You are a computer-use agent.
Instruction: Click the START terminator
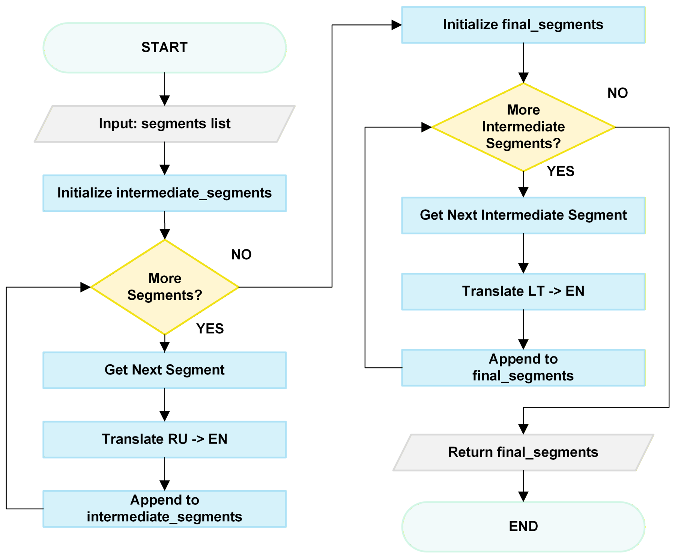165,48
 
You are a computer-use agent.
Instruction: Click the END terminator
523,527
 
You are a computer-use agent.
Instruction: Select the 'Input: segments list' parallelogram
165,124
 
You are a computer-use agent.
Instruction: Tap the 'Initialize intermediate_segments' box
165,193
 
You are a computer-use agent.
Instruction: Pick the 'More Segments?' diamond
165,287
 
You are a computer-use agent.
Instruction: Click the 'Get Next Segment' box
165,370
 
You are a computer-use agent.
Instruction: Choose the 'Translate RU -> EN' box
165,439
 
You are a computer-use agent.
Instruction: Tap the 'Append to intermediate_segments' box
165,509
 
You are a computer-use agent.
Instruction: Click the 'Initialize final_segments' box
523,25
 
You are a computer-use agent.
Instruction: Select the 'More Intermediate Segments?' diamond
523,127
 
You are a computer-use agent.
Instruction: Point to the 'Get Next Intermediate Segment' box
523,216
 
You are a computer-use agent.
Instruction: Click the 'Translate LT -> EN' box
523,292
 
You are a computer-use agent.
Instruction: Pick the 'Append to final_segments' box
523,368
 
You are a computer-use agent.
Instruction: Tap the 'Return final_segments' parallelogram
523,453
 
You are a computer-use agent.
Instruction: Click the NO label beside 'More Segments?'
241,255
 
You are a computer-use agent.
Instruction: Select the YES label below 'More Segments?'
210,329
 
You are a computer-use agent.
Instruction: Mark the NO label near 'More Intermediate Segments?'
618,93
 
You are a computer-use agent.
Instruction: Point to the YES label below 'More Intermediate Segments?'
561,171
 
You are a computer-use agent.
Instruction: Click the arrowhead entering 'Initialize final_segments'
397,25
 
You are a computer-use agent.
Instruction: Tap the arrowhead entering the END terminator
523,497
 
